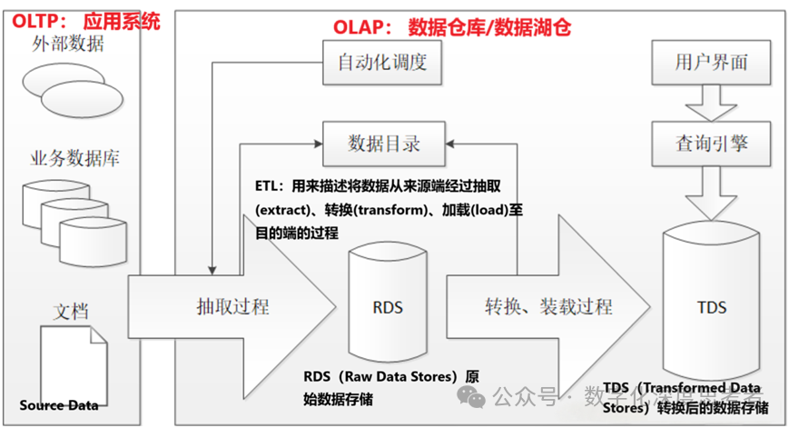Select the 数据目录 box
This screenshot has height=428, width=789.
(384, 143)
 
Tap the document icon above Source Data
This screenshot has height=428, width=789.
(74, 361)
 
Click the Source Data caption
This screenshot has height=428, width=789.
(59, 405)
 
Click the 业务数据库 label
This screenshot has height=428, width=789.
(75, 159)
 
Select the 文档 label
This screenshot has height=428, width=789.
(69, 312)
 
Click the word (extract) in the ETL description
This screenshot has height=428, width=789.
(286, 210)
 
